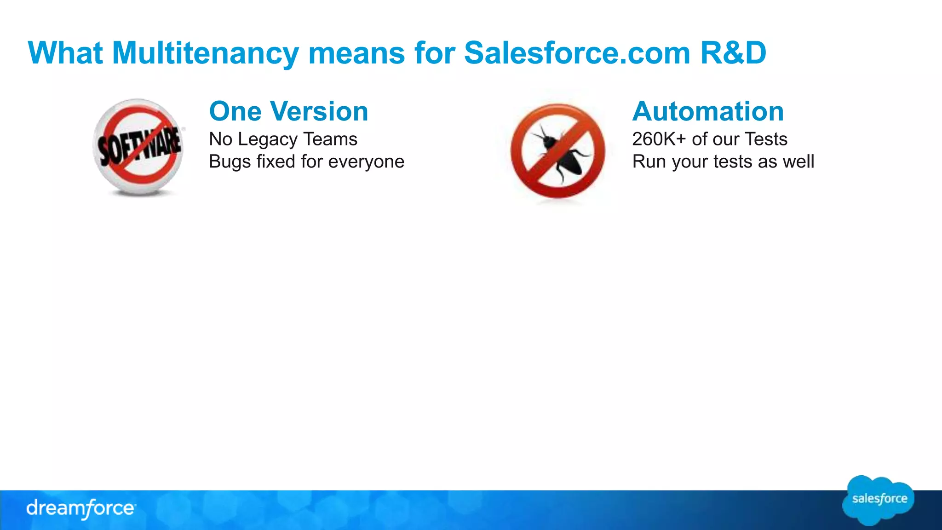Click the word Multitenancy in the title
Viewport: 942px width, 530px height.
click(x=205, y=53)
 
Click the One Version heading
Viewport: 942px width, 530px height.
click(x=288, y=111)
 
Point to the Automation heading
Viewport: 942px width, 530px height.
click(x=708, y=111)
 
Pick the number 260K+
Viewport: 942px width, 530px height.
click(x=659, y=139)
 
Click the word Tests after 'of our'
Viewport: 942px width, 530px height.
click(x=766, y=139)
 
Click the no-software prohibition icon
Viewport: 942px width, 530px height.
click(x=138, y=147)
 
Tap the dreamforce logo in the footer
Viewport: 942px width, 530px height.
click(x=81, y=509)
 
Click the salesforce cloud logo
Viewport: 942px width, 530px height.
click(x=879, y=500)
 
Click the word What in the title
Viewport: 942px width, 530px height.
click(x=65, y=53)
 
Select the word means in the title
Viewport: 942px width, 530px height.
click(x=356, y=53)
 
